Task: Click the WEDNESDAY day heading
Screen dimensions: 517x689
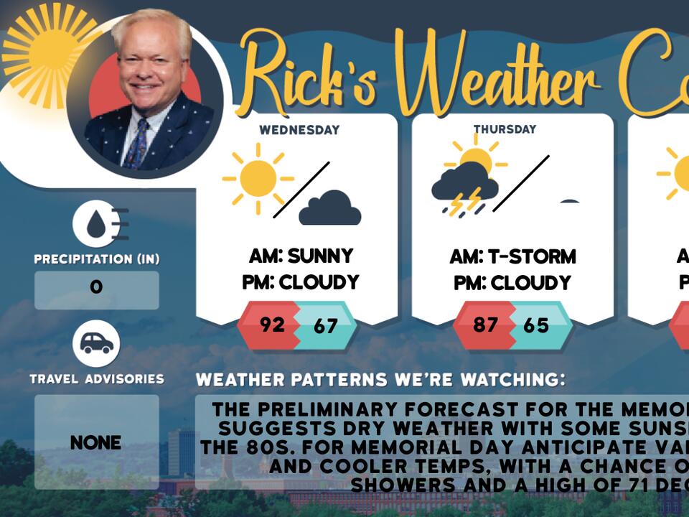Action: tap(299, 131)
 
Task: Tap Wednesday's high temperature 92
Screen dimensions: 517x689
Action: tap(272, 325)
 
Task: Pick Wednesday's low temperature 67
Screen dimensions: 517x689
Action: tap(325, 326)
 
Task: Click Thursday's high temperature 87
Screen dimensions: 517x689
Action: tap(485, 325)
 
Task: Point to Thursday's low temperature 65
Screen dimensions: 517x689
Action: tap(536, 325)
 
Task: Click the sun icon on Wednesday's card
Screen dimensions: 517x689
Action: tap(257, 178)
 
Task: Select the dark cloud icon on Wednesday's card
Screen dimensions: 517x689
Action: tap(329, 208)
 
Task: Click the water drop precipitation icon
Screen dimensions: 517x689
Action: tap(96, 224)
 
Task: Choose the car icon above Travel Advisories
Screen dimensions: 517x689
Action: tap(96, 343)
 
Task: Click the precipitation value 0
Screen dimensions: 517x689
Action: tap(96, 288)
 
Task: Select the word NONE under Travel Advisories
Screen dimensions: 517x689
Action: tap(96, 442)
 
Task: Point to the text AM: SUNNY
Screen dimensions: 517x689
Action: tap(301, 256)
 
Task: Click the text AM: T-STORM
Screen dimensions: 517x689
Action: tap(512, 256)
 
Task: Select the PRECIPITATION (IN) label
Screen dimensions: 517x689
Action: tap(97, 258)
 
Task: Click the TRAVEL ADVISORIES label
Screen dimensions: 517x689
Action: tap(97, 378)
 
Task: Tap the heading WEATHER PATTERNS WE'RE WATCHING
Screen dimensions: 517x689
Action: tap(380, 380)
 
